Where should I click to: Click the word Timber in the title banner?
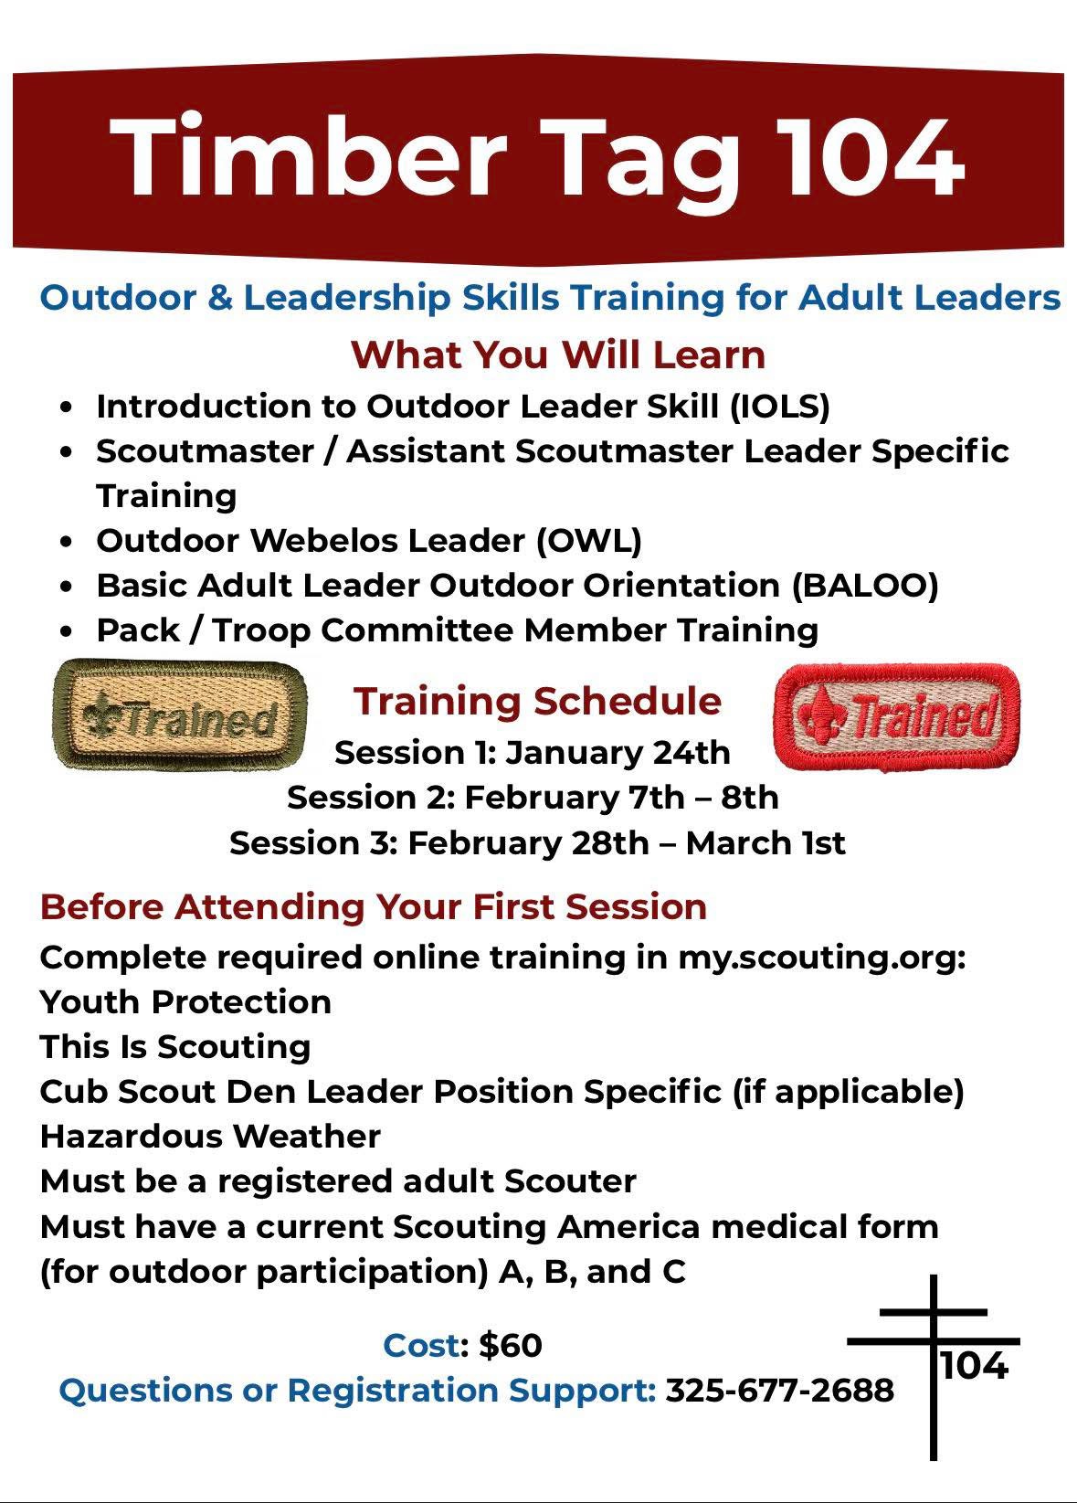click(307, 157)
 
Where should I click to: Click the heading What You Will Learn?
click(557, 355)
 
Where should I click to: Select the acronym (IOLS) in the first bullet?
click(780, 407)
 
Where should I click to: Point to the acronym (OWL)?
click(589, 541)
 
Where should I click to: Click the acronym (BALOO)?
click(864, 586)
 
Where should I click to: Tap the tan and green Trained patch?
click(179, 714)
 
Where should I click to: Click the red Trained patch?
click(896, 716)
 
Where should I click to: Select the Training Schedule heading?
click(537, 702)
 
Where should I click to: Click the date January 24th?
click(618, 753)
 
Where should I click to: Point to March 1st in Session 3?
click(765, 842)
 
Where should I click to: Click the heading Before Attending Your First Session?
click(373, 906)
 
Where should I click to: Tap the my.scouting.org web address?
click(822, 958)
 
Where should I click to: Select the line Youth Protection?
click(185, 1001)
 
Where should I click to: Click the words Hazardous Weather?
click(210, 1137)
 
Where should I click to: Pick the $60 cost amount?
click(510, 1345)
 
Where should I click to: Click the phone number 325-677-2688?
click(780, 1391)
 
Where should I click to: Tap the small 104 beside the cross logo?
click(975, 1366)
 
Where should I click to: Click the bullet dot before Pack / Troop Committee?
click(66, 631)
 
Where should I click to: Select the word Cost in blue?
click(422, 1345)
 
